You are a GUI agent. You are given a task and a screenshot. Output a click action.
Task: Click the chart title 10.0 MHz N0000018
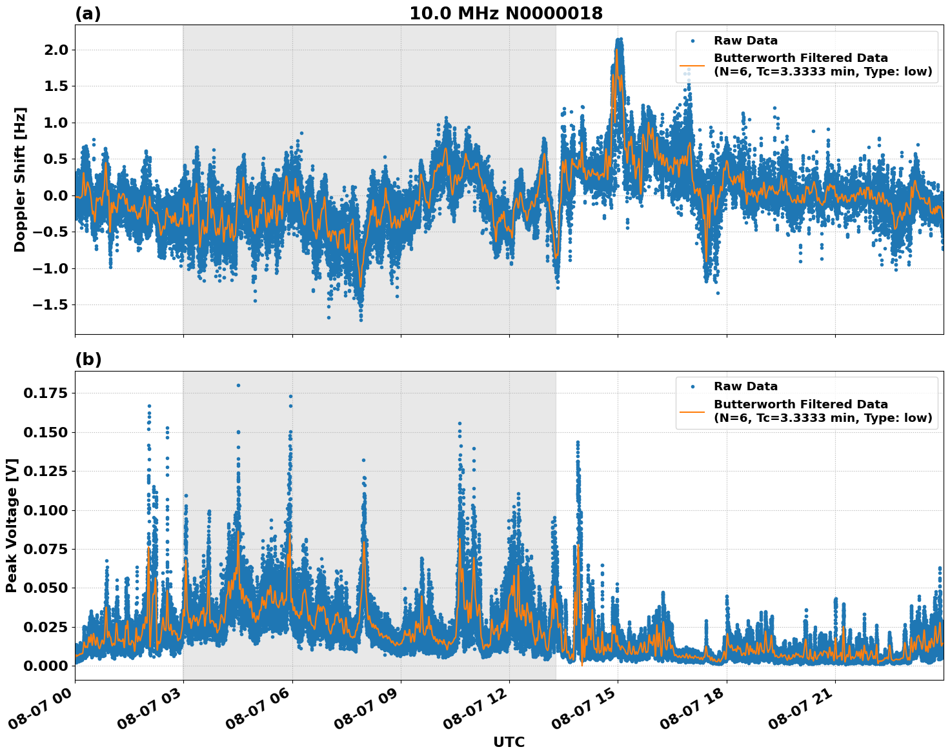pyautogui.click(x=506, y=14)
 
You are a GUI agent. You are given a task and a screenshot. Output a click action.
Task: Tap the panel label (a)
pyautogui.click(x=88, y=14)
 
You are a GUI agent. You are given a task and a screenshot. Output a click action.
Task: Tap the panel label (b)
pyautogui.click(x=88, y=359)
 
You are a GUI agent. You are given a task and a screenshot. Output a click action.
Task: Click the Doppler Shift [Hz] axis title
pyautogui.click(x=20, y=179)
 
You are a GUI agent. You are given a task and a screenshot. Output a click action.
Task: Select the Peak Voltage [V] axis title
pyautogui.click(x=12, y=525)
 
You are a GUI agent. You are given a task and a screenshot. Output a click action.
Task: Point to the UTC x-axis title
pyautogui.click(x=509, y=742)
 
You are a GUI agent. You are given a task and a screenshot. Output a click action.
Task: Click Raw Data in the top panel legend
pyautogui.click(x=745, y=41)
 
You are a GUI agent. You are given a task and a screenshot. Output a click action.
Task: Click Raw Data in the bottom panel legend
pyautogui.click(x=745, y=386)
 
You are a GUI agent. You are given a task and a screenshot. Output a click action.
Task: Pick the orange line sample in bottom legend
pyautogui.click(x=692, y=411)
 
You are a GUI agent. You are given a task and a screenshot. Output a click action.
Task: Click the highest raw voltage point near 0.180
pyautogui.click(x=238, y=385)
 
